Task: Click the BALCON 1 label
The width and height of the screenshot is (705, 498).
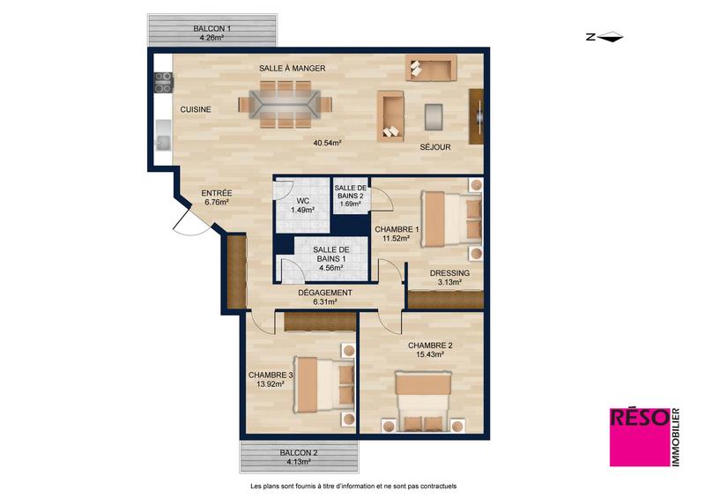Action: [x=211, y=28]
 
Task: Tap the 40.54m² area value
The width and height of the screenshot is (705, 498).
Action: [x=327, y=142]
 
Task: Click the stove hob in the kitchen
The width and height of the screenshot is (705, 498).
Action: [x=164, y=83]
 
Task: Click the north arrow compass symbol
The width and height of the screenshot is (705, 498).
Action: [x=605, y=37]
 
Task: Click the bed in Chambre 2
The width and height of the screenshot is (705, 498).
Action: [x=424, y=398]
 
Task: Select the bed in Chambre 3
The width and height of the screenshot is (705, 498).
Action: [x=324, y=383]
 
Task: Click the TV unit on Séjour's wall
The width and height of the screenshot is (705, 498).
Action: [x=478, y=117]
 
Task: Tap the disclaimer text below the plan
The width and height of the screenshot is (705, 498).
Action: [x=353, y=486]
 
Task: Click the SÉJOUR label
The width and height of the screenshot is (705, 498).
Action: [x=435, y=147]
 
